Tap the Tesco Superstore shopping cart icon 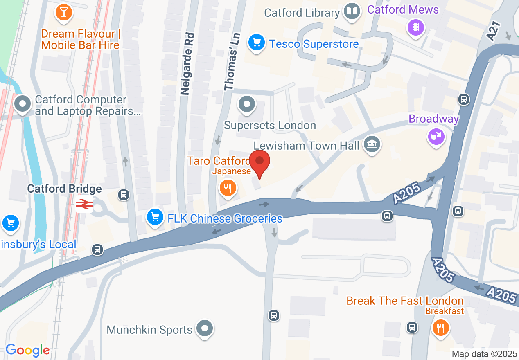(256, 42)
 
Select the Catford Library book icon (352, 11)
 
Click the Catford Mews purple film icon (416, 27)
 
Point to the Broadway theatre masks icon (437, 136)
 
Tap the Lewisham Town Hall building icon (372, 144)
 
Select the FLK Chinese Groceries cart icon (155, 217)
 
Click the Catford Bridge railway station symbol (83, 204)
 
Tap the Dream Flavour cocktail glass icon (63, 12)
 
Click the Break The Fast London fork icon (440, 328)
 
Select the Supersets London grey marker (246, 104)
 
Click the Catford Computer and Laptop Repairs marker (23, 104)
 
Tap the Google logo (27, 350)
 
